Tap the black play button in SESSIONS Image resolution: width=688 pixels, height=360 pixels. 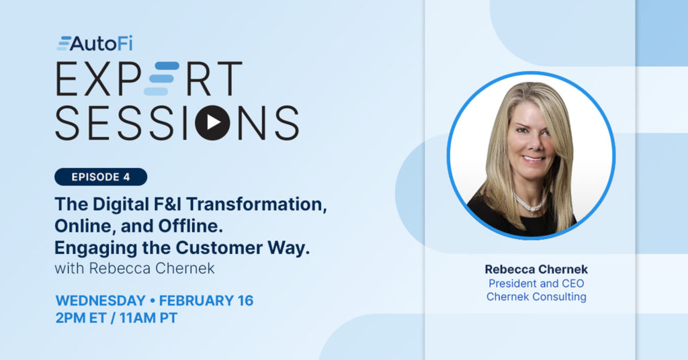click(x=212, y=123)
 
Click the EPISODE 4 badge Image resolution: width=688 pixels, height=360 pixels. click(x=101, y=177)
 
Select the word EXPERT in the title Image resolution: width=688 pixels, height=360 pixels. click(x=148, y=79)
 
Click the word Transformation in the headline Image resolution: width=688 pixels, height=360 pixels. click(x=257, y=204)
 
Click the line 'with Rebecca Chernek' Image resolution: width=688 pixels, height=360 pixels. click(x=134, y=268)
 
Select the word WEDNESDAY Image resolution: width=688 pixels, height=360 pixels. click(x=101, y=300)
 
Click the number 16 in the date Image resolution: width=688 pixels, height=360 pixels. click(x=246, y=300)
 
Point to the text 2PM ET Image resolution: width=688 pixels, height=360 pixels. click(x=81, y=318)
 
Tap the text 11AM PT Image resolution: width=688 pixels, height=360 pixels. click(x=148, y=318)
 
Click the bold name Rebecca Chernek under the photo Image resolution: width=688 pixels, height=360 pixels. click(x=536, y=269)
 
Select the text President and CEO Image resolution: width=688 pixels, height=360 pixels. click(x=536, y=283)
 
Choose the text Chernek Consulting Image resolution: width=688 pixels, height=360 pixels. click(x=536, y=297)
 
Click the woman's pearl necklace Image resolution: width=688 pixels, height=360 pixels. click(x=529, y=204)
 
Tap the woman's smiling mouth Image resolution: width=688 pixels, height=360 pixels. click(x=533, y=159)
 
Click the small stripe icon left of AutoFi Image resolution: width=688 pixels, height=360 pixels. click(x=63, y=43)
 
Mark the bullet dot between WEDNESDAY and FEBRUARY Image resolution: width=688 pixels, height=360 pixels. click(x=153, y=301)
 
